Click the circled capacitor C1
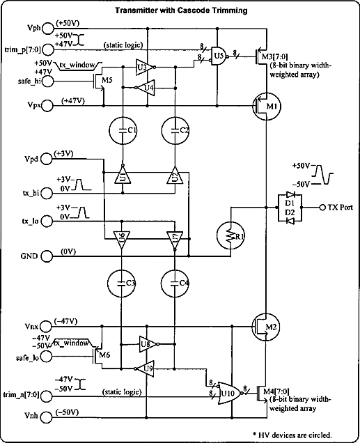click(x=123, y=130)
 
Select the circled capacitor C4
click(x=175, y=283)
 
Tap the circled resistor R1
click(x=231, y=235)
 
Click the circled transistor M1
click(x=266, y=107)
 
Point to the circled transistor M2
click(x=266, y=327)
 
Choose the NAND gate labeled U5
click(x=219, y=56)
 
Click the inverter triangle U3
click(x=146, y=68)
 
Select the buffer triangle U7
click(x=175, y=240)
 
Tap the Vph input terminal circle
click(x=48, y=29)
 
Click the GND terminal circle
click(x=47, y=256)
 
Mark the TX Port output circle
click(x=322, y=208)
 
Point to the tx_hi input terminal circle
click(x=47, y=193)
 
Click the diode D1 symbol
click(x=290, y=194)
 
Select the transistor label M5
click(x=107, y=80)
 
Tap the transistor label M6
click(x=104, y=355)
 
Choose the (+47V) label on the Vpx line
click(x=73, y=100)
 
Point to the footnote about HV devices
click(x=292, y=435)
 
